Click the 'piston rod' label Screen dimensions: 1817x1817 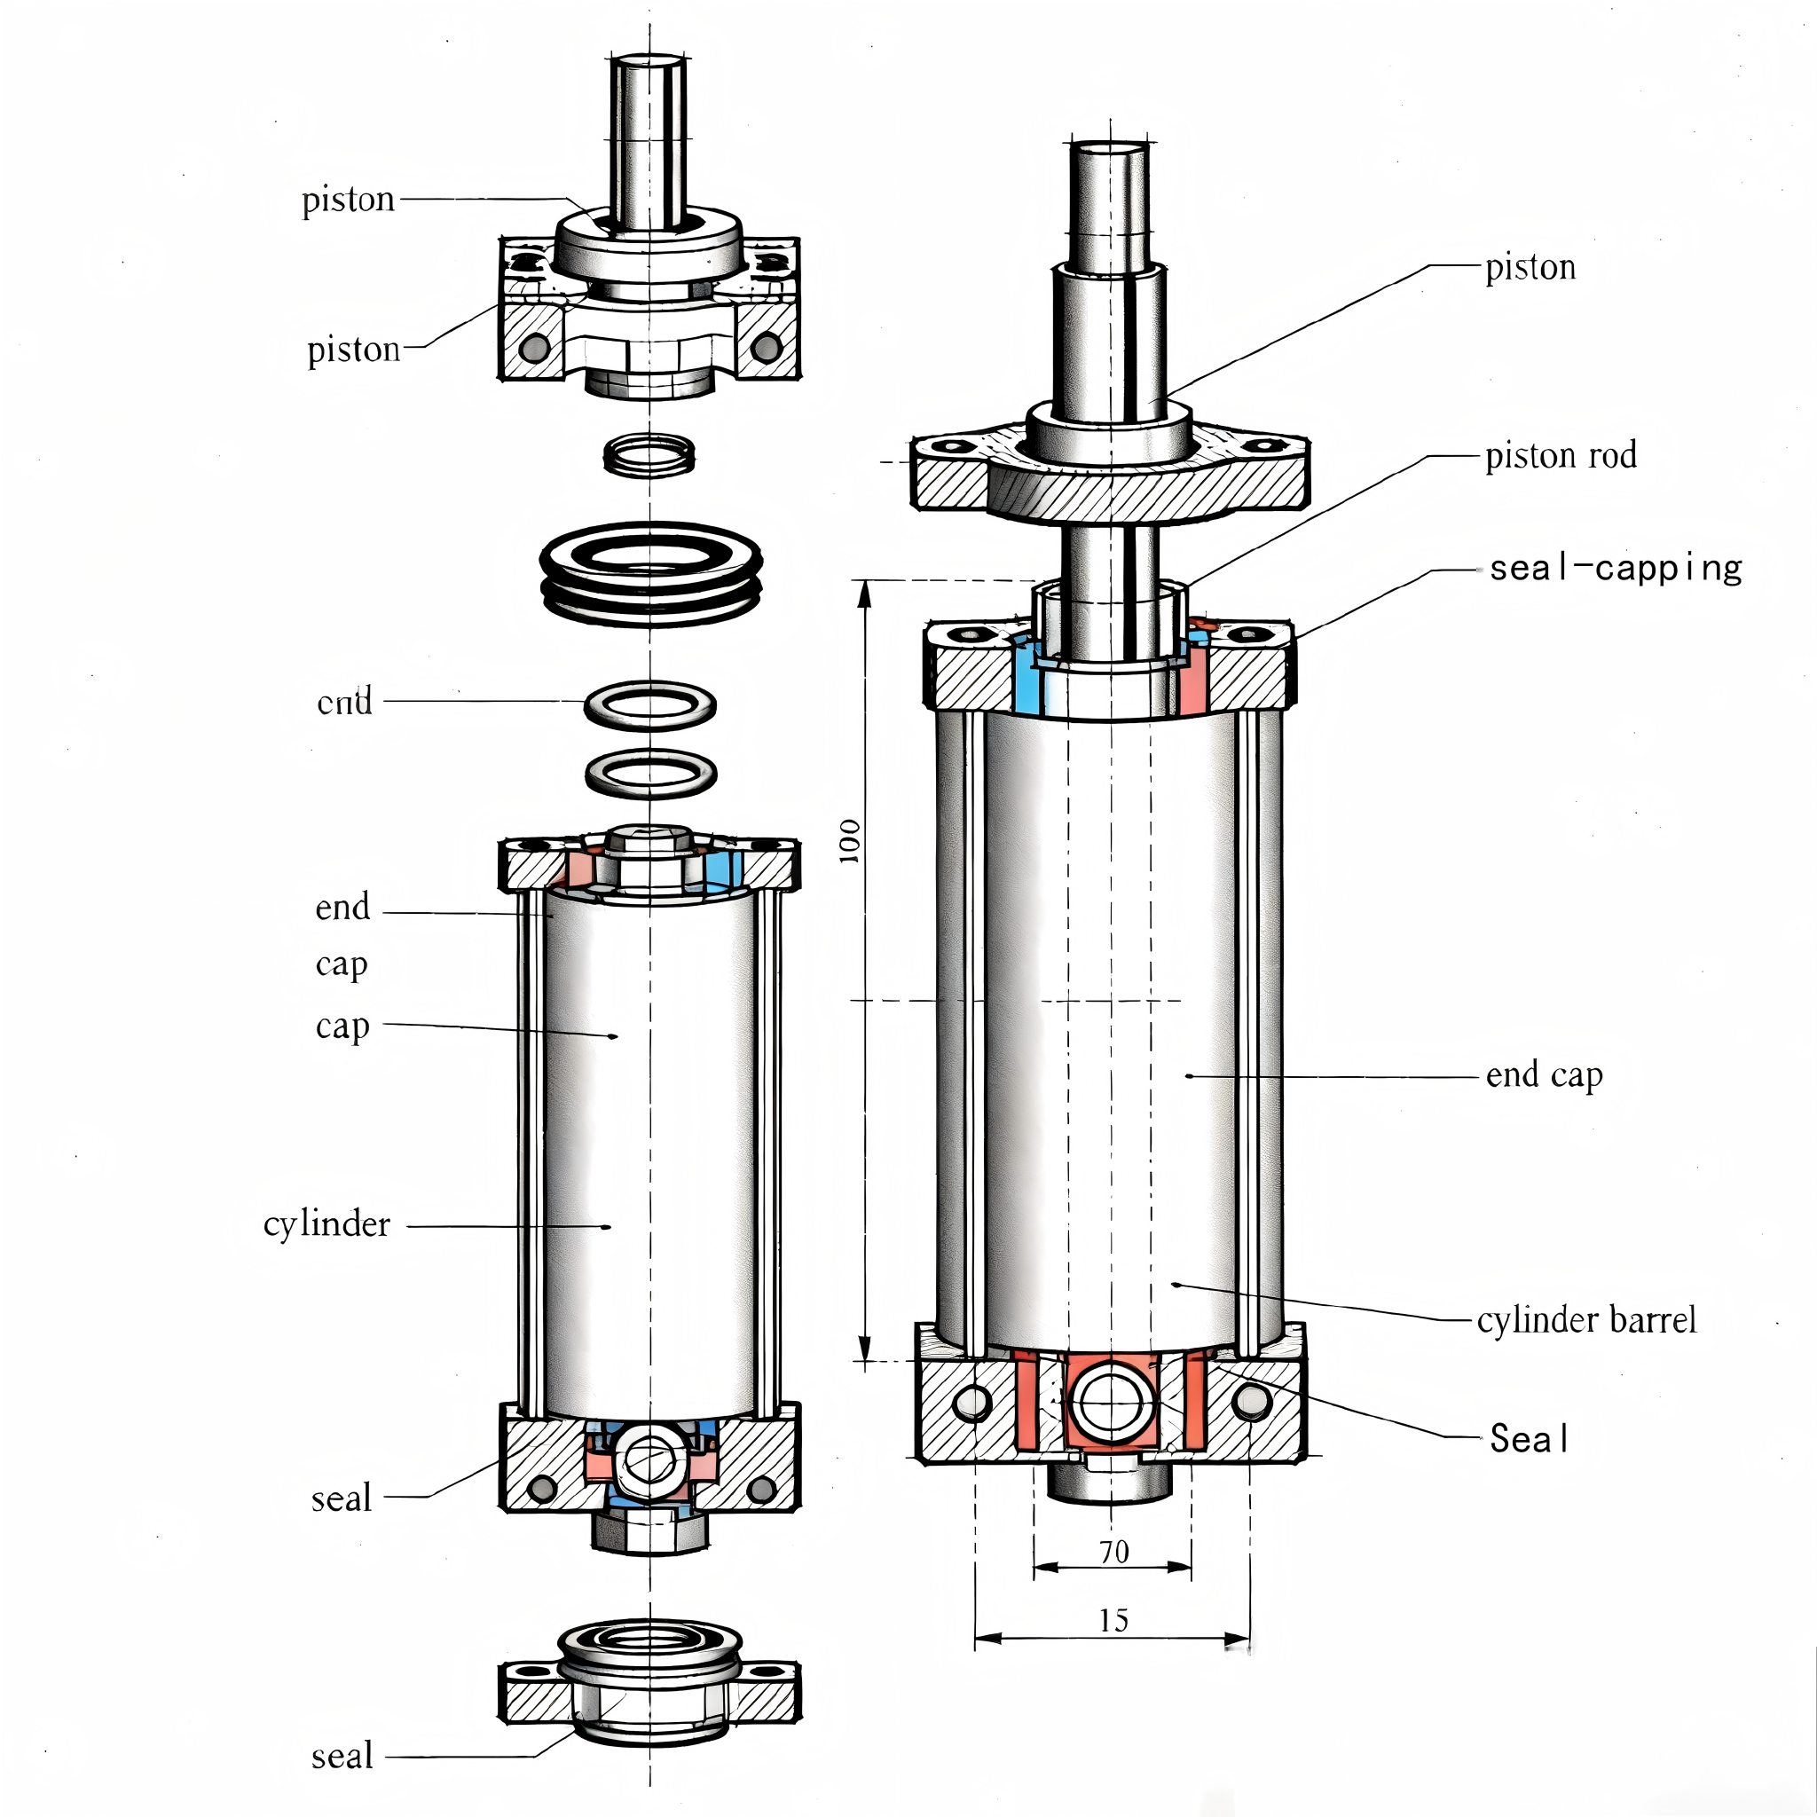click(1561, 456)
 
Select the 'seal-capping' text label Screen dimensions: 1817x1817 click(1615, 569)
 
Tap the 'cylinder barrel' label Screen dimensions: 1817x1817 click(1585, 1319)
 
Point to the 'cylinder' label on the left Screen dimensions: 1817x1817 click(326, 1224)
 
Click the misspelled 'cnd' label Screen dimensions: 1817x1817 click(344, 702)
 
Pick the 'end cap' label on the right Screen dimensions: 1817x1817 click(1544, 1075)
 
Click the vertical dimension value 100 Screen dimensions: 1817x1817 click(849, 840)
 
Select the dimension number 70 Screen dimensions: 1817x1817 click(1113, 1552)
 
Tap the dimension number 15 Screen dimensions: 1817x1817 click(1113, 1620)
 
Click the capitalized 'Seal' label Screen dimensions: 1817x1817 click(1530, 1439)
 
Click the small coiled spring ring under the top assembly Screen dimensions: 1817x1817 click(649, 454)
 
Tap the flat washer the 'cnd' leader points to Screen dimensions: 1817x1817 click(649, 704)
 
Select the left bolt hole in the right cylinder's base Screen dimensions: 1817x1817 click(971, 1404)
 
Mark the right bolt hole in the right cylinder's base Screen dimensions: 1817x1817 click(1251, 1404)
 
